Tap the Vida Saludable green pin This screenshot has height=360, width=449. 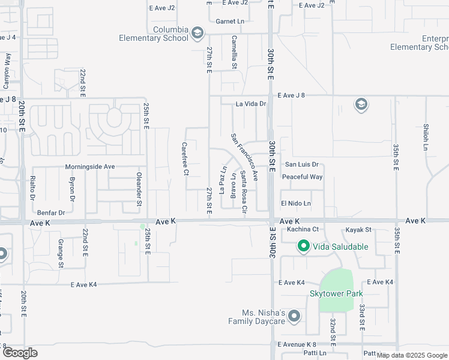(304, 246)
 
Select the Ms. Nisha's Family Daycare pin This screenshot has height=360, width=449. (294, 316)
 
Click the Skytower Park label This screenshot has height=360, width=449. (336, 293)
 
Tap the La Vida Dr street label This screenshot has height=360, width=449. (251, 104)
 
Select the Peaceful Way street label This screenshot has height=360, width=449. (303, 177)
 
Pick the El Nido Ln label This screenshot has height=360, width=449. (296, 203)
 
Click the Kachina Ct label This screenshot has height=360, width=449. (302, 229)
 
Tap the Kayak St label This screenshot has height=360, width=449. (360, 230)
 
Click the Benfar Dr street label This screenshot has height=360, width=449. (50, 212)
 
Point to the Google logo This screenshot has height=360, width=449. (20, 353)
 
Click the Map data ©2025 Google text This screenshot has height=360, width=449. (412, 355)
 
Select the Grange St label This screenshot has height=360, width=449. (61, 253)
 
